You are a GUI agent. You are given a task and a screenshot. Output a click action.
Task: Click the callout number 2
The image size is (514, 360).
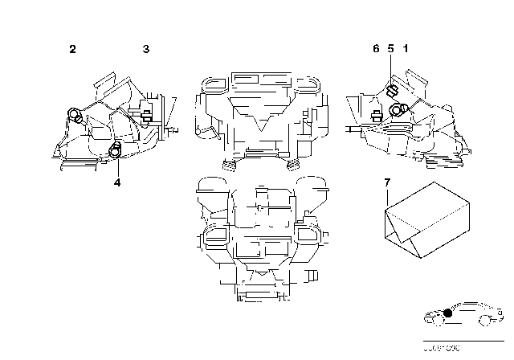coord(72,50)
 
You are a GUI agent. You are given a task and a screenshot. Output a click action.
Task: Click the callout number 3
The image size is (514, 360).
coord(145,50)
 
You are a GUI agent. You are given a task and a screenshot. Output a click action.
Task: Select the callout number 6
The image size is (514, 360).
coord(375,50)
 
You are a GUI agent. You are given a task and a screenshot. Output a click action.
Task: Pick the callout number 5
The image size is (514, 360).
coord(390,50)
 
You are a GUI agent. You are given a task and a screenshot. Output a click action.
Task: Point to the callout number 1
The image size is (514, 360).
coord(406,50)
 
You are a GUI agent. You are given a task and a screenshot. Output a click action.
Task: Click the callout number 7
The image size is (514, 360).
coord(387,184)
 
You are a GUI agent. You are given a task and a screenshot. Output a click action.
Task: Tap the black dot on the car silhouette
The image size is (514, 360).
coord(447,313)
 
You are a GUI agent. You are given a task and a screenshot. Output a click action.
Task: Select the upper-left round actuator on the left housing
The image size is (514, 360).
coord(75,115)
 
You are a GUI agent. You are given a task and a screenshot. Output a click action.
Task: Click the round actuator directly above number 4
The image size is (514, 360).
coord(116,149)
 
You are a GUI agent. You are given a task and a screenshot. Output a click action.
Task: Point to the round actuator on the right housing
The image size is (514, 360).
coord(397,111)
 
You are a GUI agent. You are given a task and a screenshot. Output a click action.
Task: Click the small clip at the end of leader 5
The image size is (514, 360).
coord(394,91)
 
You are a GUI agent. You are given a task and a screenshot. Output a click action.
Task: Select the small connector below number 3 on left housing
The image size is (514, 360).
coord(146,119)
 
